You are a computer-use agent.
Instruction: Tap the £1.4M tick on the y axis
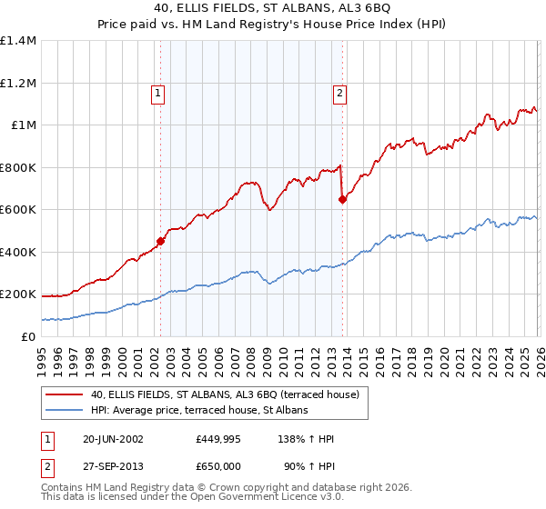click(18, 41)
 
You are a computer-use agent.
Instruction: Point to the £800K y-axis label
click(18, 167)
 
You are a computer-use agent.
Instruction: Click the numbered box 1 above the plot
click(158, 92)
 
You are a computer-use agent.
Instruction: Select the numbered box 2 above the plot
click(339, 92)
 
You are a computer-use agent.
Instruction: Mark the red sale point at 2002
click(160, 242)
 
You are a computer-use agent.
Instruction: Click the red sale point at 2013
click(342, 199)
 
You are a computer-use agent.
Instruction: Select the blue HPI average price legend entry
click(199, 411)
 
